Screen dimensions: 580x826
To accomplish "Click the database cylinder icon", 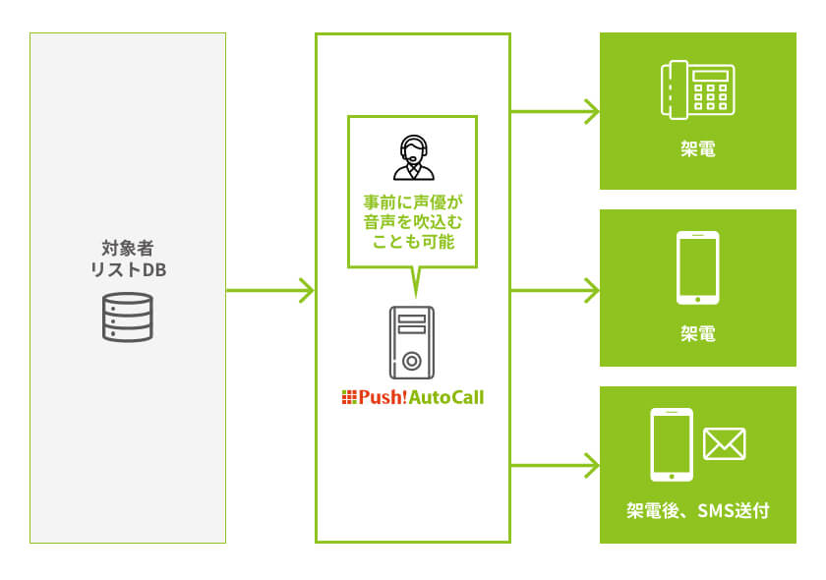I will pos(128,316).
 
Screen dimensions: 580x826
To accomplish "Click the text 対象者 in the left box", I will pos(128,247).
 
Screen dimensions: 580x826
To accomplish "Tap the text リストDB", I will pos(128,269).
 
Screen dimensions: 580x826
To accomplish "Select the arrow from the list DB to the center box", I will pos(270,291).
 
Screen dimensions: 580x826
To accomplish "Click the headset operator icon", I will pos(413,158).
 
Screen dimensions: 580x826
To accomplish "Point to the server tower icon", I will pos(412,342).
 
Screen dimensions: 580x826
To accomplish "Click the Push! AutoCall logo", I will pos(412,397).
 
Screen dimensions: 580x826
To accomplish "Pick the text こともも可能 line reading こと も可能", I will pos(412,242).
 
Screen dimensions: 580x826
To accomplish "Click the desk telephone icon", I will pos(697,91).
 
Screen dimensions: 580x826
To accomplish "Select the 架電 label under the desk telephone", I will pos(697,150).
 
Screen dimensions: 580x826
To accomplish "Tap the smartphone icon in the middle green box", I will pos(697,267).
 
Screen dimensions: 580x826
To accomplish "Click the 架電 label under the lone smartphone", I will pos(697,334).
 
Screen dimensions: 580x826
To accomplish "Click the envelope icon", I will pos(724,444).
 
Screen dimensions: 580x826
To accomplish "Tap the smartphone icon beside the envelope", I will pos(672,444).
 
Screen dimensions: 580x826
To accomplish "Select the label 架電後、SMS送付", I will pos(697,510).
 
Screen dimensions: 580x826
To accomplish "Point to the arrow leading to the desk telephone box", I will pos(556,111).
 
